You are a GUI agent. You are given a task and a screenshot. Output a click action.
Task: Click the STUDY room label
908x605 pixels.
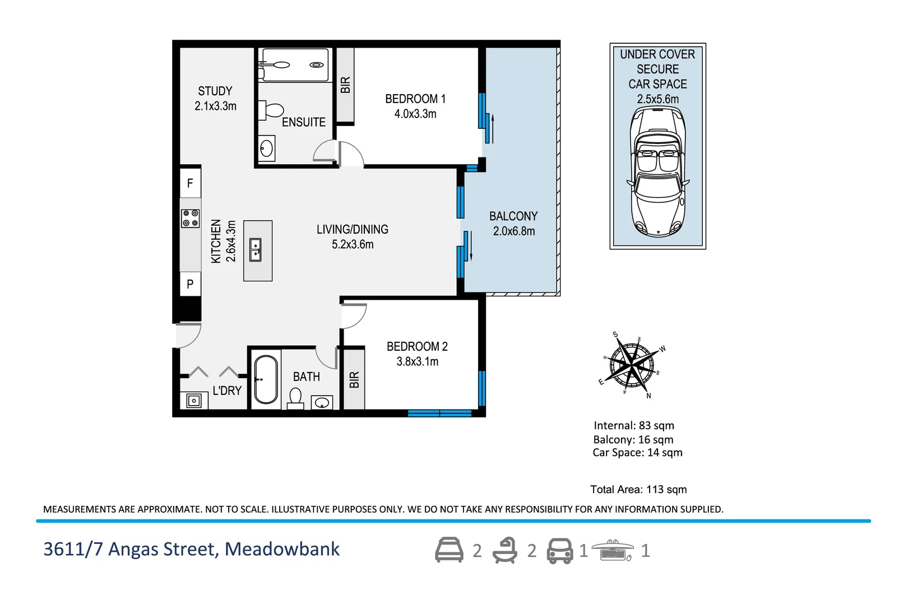(215, 91)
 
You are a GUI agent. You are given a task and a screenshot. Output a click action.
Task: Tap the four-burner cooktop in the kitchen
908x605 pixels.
(191, 218)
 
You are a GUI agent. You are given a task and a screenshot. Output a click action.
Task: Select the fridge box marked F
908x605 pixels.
(190, 183)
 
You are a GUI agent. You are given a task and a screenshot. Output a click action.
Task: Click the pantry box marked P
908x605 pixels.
(190, 284)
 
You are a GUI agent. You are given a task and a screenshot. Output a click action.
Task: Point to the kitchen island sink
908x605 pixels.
(256, 250)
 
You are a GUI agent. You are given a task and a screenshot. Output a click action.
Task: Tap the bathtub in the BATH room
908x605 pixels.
(266, 379)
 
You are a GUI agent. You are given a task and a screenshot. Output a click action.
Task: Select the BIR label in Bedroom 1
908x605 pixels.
(345, 85)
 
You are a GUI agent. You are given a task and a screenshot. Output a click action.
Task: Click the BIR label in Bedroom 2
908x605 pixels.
(354, 380)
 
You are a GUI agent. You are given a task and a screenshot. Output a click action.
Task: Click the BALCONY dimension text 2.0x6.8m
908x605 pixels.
(513, 231)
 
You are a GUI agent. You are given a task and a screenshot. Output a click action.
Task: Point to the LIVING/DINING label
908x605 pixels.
(352, 229)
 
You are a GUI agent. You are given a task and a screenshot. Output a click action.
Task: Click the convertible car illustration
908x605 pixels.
(657, 171)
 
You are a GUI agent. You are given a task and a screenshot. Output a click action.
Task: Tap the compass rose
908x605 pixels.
(632, 365)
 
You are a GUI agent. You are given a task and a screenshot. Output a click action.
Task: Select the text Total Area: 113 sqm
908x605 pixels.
(638, 489)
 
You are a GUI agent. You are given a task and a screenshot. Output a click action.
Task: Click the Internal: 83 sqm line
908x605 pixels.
(633, 425)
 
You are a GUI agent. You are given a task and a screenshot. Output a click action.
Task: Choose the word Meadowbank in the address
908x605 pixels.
(282, 549)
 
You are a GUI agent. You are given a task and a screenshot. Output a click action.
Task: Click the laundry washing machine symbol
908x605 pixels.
(194, 400)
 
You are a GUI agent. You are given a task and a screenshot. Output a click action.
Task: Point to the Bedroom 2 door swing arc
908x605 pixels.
(354, 315)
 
